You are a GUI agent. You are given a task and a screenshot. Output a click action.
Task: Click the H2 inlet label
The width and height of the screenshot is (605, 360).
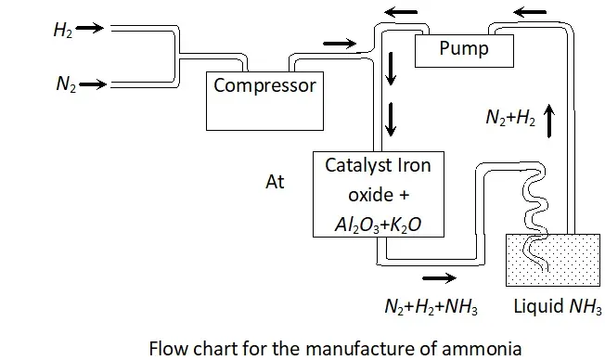coord(63,30)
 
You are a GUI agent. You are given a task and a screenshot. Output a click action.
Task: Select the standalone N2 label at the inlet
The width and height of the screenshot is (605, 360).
coord(66,84)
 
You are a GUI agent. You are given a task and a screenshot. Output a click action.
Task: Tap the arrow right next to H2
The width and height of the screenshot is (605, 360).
coord(90,28)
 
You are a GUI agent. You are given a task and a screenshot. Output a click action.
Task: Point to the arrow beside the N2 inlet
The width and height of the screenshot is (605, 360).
coord(93,84)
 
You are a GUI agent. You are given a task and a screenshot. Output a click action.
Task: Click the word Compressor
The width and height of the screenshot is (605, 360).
coord(264,85)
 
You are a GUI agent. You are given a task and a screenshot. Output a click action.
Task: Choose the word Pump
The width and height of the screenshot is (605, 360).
coord(464,48)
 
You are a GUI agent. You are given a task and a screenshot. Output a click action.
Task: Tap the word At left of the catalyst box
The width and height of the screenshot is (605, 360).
coord(275,182)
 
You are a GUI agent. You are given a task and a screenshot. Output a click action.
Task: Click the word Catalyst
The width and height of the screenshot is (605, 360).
coord(354,166)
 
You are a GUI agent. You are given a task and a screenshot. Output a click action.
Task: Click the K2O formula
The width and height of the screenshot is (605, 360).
coord(405,225)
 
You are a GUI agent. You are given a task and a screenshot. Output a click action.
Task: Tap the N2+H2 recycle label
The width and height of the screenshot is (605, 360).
coord(510,117)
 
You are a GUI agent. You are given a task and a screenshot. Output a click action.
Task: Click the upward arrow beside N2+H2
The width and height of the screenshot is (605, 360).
coord(549,122)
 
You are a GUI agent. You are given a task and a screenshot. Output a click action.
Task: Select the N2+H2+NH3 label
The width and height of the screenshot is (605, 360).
coord(431,307)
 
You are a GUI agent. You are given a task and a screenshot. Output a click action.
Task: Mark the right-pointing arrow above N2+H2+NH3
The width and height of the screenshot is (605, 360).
coord(440,277)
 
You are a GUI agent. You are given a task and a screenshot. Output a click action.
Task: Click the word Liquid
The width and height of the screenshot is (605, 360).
coord(538,306)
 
